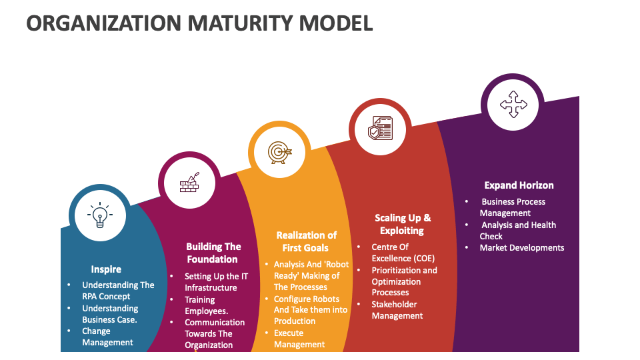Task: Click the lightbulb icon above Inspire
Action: click(x=100, y=215)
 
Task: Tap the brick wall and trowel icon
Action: click(x=189, y=183)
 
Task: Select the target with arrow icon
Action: click(x=279, y=153)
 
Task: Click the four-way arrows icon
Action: click(x=513, y=105)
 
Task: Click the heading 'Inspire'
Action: click(x=106, y=269)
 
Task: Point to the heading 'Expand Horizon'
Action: click(x=519, y=185)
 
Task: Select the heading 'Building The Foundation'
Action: click(x=213, y=253)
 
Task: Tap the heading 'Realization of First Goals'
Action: click(x=306, y=241)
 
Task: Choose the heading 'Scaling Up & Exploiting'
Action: click(x=402, y=224)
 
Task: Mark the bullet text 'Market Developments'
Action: click(x=521, y=247)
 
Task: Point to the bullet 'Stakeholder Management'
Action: click(x=397, y=310)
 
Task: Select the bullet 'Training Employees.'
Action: click(x=207, y=305)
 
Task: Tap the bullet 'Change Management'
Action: click(x=107, y=337)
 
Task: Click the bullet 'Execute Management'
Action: click(x=299, y=339)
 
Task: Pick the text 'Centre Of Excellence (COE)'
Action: click(x=403, y=253)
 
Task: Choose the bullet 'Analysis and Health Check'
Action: click(x=518, y=231)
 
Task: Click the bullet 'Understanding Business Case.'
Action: click(x=110, y=314)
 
